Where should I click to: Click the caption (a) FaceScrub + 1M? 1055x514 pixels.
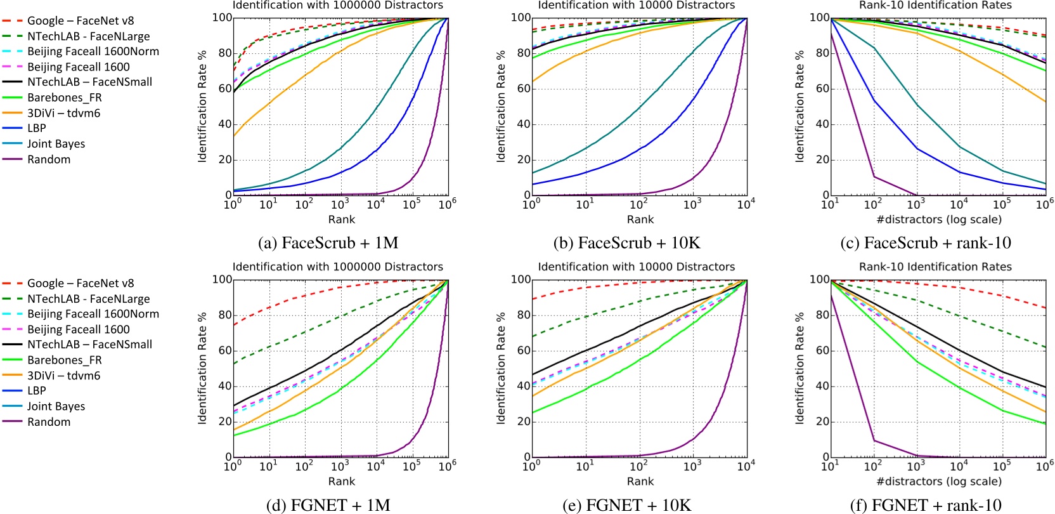coord(328,243)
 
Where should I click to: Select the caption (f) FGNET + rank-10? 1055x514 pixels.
coord(925,505)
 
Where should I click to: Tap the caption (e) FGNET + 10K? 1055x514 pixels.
coord(626,505)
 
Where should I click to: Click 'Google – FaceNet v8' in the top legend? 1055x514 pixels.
coord(81,21)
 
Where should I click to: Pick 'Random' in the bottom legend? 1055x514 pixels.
coord(49,422)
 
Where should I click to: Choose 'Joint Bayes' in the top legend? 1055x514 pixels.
coord(56,144)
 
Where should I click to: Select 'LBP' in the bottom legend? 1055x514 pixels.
coord(37,391)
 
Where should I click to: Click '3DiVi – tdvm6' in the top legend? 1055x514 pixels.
coord(63,113)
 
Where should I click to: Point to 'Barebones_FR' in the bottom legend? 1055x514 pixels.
coord(64,360)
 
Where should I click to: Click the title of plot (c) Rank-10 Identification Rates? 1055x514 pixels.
coord(935,5)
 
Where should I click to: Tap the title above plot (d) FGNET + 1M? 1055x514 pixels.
coord(338,267)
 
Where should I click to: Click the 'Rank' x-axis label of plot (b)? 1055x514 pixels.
coord(640,220)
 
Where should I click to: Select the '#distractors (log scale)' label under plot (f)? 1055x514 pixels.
coord(939,482)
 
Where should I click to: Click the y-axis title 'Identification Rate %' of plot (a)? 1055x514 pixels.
coord(202,106)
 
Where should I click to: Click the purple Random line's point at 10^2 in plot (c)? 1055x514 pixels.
coord(874,176)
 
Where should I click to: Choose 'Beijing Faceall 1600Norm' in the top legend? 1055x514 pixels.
coord(93,51)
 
